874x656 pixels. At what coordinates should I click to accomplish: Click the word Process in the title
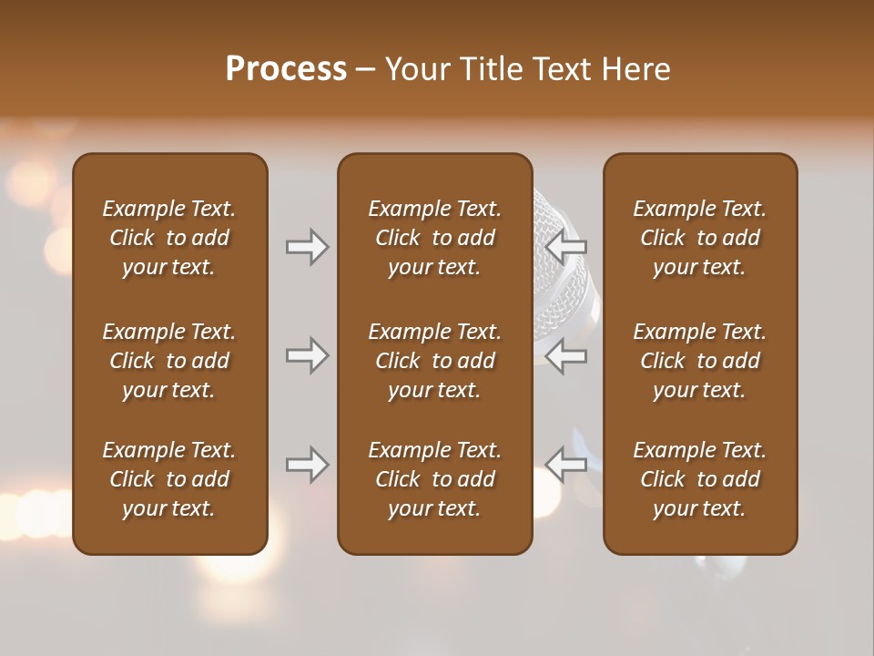[x=286, y=69]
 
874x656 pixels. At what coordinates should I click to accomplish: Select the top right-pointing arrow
[x=308, y=247]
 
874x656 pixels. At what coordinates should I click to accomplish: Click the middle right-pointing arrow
[x=308, y=355]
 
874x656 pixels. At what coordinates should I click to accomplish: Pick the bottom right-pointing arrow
[x=308, y=465]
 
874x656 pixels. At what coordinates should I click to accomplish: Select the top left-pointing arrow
[x=566, y=247]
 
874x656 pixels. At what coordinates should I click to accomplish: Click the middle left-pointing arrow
[x=566, y=355]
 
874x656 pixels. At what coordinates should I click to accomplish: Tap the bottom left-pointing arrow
[x=566, y=465]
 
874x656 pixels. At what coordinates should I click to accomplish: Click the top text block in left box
[x=169, y=238]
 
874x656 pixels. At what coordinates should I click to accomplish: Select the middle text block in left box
[x=169, y=361]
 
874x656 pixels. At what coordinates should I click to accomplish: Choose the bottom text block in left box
[x=169, y=479]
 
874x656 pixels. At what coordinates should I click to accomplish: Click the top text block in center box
[x=434, y=238]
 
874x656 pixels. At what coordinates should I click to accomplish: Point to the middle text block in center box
[x=434, y=361]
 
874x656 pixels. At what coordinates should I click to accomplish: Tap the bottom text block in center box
[x=434, y=479]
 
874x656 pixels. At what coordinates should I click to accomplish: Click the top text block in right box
[x=699, y=238]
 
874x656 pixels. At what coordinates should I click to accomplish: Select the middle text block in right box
[x=699, y=361]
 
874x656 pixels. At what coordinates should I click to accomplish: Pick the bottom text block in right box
[x=699, y=479]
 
